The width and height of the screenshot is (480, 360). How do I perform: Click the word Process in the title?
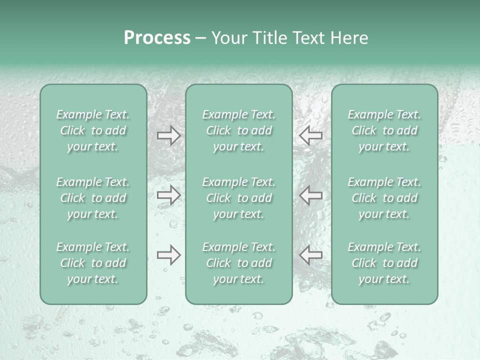tap(157, 38)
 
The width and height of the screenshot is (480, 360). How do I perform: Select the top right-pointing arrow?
tap(169, 135)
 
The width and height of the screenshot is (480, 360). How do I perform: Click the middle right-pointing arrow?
tap(169, 195)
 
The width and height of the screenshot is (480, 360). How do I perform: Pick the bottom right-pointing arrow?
tap(169, 255)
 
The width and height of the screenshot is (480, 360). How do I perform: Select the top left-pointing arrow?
tap(311, 135)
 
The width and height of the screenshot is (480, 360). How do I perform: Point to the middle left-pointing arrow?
tap(311, 195)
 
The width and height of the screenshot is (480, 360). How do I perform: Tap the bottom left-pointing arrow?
tap(311, 255)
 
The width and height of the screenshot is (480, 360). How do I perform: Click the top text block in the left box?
tap(93, 130)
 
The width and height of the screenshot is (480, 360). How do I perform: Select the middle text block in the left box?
tap(93, 198)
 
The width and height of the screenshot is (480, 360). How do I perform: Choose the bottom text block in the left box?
tap(93, 263)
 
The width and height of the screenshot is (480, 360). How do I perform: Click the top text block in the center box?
tap(239, 130)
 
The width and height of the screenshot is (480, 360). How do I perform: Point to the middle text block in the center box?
tap(239, 198)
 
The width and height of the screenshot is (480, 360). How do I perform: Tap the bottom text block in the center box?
tap(239, 263)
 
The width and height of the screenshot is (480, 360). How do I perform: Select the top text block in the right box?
tap(384, 130)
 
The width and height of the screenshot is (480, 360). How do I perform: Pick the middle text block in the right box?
tap(384, 198)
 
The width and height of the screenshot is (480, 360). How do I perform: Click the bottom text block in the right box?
tap(384, 263)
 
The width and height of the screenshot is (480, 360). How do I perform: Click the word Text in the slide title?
tap(309, 38)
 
